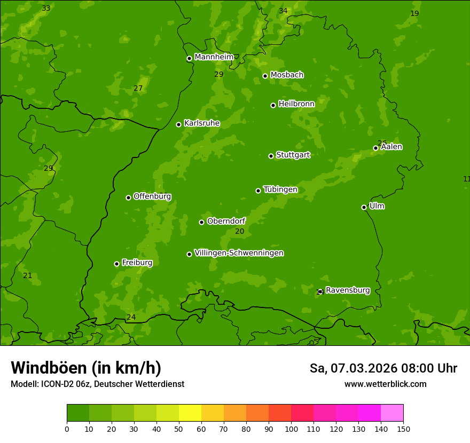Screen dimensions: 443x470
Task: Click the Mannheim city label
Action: point(214,57)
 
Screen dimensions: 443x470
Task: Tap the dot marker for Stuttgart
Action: point(271,156)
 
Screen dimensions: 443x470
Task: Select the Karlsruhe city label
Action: point(202,123)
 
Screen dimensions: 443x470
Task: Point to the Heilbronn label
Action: point(296,104)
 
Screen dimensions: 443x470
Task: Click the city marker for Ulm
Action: point(364,207)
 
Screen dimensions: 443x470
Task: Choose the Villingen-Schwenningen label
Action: point(239,253)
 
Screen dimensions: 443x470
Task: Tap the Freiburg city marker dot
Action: point(117,264)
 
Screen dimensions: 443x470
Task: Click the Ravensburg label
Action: point(348,290)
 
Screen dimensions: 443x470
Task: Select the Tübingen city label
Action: point(280,189)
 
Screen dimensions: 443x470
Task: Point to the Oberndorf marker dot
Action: point(202,222)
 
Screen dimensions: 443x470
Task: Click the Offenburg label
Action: point(152,196)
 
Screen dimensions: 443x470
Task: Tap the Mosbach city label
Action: point(287,75)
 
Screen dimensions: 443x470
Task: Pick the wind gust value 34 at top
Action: point(283,11)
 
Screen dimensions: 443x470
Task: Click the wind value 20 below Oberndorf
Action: point(240,232)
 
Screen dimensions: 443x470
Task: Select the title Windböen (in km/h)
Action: point(86,368)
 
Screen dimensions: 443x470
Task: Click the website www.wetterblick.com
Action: point(385,384)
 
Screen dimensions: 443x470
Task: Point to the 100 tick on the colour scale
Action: point(291,429)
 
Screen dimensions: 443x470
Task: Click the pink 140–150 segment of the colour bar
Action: point(392,413)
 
